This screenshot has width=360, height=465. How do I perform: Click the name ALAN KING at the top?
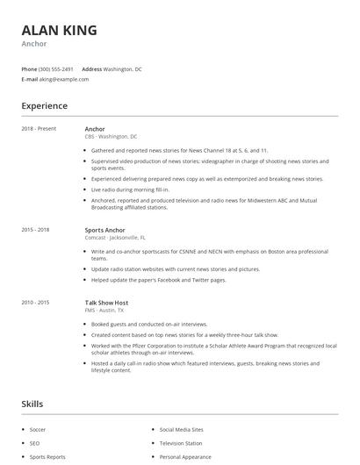[x=59, y=30]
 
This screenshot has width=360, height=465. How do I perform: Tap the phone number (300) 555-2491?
[x=56, y=68]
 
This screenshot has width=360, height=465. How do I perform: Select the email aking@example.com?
[x=64, y=79]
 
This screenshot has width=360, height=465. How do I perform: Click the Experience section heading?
[x=45, y=106]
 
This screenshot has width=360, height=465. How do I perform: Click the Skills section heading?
[x=32, y=404]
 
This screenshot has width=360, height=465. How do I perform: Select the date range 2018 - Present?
[x=39, y=129]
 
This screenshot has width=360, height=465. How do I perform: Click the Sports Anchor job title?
[x=104, y=230]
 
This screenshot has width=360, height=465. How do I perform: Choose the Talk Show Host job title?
[x=107, y=303]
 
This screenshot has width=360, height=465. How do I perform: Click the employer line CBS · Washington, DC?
[x=111, y=137]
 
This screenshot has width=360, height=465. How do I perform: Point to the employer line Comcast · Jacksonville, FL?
[x=115, y=238]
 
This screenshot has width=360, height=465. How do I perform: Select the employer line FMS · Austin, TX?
[x=104, y=311]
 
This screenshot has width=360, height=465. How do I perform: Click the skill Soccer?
[x=38, y=430]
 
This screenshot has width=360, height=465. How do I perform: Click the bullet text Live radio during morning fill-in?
[x=130, y=190]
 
